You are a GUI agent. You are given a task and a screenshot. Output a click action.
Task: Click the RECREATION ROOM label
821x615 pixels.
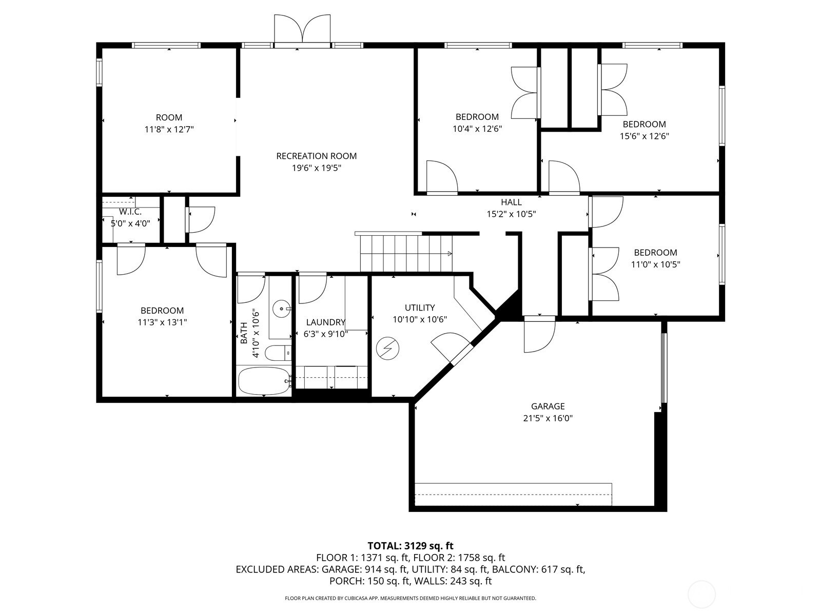click(x=317, y=156)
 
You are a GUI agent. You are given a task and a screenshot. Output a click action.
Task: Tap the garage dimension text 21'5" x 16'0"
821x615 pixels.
click(x=548, y=418)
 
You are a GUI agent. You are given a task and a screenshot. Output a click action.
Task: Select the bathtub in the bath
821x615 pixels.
click(x=264, y=380)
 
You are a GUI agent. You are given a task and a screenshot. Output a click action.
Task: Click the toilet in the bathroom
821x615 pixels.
click(x=278, y=353)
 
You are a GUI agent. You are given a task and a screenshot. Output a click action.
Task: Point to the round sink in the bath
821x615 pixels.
click(x=281, y=309)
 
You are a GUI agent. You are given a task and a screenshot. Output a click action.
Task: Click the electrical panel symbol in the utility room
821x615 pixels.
click(x=388, y=348)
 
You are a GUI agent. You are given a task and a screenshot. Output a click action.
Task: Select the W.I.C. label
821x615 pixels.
click(x=130, y=212)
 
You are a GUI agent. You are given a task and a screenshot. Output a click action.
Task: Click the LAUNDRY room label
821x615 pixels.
click(x=325, y=322)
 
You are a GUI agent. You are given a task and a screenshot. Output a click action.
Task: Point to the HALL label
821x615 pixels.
click(x=511, y=202)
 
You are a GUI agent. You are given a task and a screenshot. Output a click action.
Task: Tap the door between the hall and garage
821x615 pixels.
click(x=539, y=334)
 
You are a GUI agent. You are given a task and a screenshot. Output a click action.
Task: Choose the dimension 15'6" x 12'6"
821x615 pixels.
click(x=644, y=136)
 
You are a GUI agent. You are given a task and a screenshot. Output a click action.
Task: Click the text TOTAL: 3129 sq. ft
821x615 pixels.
click(x=411, y=545)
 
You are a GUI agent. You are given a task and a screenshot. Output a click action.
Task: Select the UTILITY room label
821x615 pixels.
click(x=420, y=307)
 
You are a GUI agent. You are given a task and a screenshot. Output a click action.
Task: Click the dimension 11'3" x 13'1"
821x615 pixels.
click(x=162, y=322)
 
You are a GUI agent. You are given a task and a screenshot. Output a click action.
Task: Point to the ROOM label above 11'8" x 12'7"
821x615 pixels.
click(x=169, y=117)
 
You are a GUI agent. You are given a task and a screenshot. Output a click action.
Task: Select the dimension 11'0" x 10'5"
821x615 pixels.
click(x=655, y=264)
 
